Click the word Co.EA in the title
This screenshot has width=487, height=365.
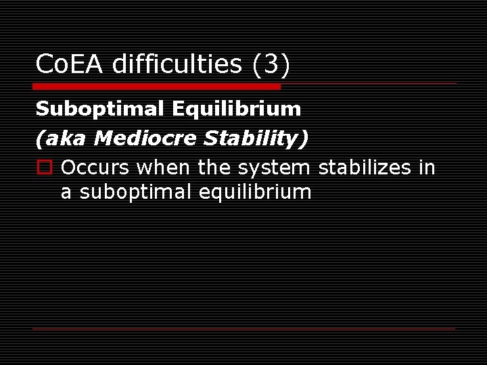tap(70, 65)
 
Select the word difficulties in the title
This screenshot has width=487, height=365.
tap(177, 65)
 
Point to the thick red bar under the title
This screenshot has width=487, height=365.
tap(156, 87)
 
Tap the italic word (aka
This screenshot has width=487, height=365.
tap(63, 139)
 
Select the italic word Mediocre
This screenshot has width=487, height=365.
tap(146, 139)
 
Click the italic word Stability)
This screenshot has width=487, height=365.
tap(256, 139)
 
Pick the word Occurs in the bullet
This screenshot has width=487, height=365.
tap(96, 168)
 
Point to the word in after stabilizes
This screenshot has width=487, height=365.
tap(427, 168)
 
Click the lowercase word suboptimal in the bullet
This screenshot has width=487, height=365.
tap(136, 192)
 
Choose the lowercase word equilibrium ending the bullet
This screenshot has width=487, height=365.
tap(255, 192)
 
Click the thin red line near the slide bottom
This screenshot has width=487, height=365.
tap(244, 328)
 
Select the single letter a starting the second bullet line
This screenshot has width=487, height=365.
tap(66, 192)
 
